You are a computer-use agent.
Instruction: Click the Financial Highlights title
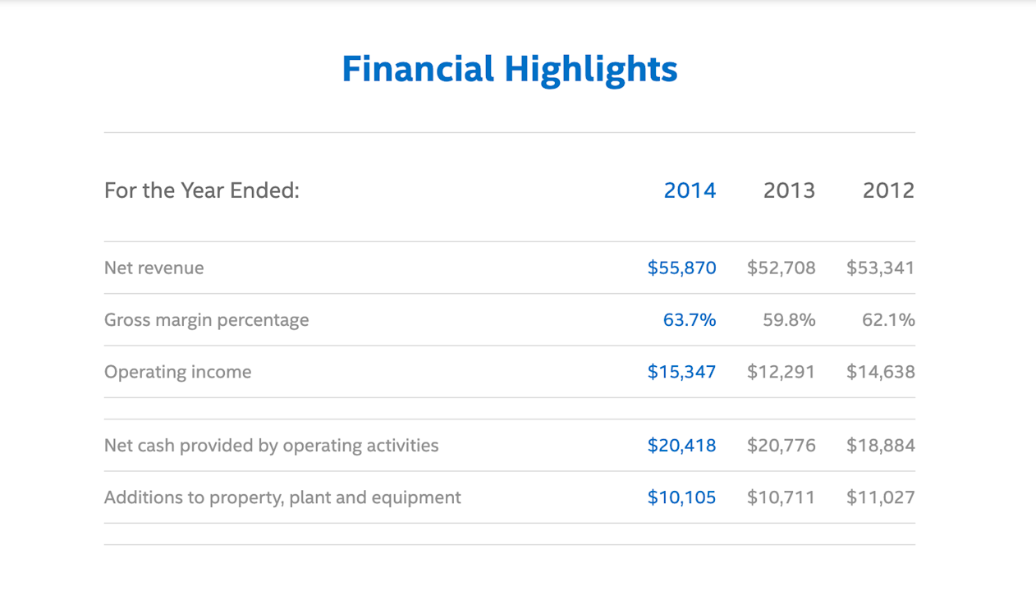pyautogui.click(x=509, y=69)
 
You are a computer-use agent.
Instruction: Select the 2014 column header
pyautogui.click(x=690, y=190)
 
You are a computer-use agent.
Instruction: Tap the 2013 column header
pyautogui.click(x=789, y=190)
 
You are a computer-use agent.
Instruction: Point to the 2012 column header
pyautogui.click(x=888, y=190)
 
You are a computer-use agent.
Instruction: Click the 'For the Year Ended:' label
pyautogui.click(x=202, y=190)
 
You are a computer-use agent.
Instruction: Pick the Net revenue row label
pyautogui.click(x=154, y=268)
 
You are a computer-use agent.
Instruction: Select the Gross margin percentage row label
pyautogui.click(x=207, y=320)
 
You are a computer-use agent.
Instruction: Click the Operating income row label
pyautogui.click(x=178, y=372)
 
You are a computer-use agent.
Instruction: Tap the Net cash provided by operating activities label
pyautogui.click(x=272, y=446)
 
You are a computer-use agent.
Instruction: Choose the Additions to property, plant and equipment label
pyautogui.click(x=282, y=497)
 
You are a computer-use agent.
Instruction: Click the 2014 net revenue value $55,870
pyautogui.click(x=681, y=268)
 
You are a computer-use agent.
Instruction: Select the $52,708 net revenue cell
pyautogui.click(x=781, y=268)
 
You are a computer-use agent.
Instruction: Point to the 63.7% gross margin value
pyautogui.click(x=690, y=320)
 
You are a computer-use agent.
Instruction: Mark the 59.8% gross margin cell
pyautogui.click(x=789, y=320)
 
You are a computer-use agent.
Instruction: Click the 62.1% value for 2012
pyautogui.click(x=888, y=320)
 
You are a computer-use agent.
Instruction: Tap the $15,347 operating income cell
pyautogui.click(x=681, y=372)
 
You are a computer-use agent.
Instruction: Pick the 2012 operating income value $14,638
pyautogui.click(x=880, y=372)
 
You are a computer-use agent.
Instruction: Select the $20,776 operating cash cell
pyautogui.click(x=781, y=446)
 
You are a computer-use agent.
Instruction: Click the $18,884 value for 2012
pyautogui.click(x=880, y=446)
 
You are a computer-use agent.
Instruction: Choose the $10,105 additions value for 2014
pyautogui.click(x=681, y=497)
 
